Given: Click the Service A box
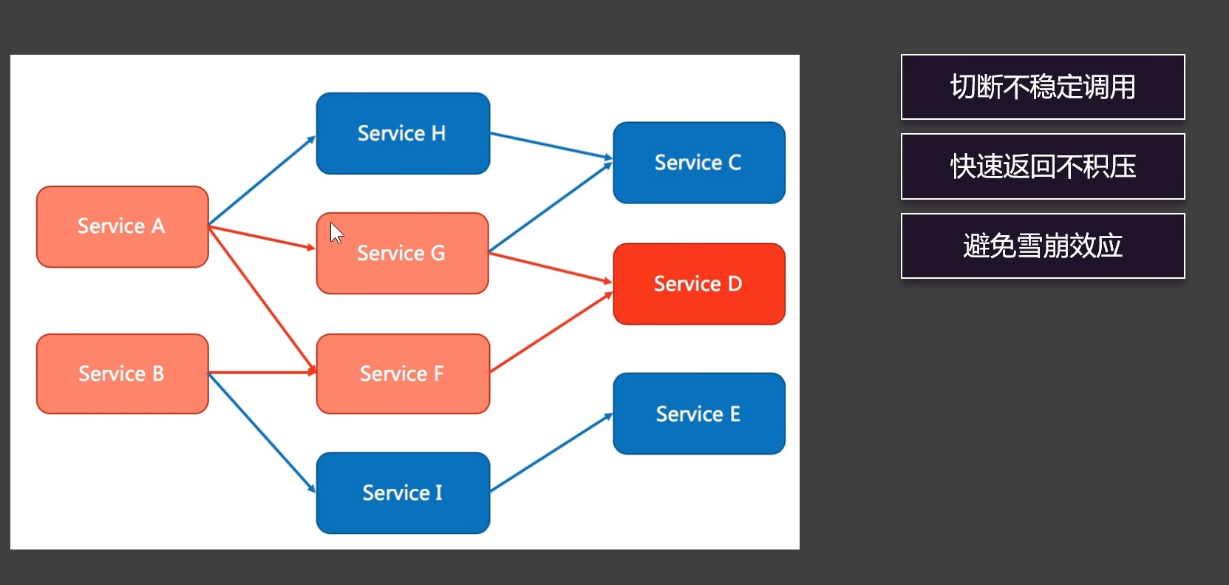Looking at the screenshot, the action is coord(123,227).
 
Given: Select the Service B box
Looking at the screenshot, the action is coord(123,373).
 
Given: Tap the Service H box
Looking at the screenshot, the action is coord(404,133).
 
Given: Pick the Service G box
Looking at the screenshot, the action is coord(403,253).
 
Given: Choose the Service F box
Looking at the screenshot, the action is coord(404,373).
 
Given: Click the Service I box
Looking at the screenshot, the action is coord(404,493).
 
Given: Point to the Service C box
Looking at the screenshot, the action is coord(699,163).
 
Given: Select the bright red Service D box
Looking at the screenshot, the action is coord(699,284).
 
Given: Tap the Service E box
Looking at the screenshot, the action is coord(699,413).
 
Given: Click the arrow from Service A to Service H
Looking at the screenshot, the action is coord(262,180).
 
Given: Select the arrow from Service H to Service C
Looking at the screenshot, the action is coord(551,146).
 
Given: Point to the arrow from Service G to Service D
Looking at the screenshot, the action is coord(551,268).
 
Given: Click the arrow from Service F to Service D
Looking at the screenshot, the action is coord(551,332).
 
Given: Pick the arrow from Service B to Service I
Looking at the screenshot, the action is coord(262,433).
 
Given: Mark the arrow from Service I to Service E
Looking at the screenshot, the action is coord(551,452).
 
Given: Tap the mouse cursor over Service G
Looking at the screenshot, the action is coord(336,233).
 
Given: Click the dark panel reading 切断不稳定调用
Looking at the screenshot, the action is coord(1043,87).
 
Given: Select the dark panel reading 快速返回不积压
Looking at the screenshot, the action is coord(1043,166).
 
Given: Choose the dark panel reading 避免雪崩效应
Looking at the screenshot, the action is coord(1043,246).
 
